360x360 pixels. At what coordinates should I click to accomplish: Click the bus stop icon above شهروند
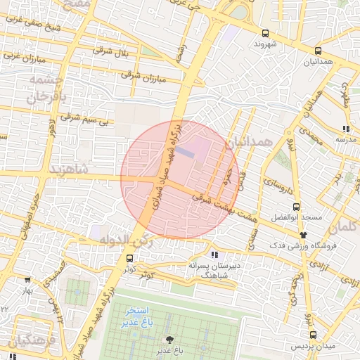(x=265, y=33)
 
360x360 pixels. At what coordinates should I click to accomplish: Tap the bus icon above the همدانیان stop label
(x=319, y=51)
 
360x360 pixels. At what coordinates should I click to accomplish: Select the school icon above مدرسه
(x=345, y=129)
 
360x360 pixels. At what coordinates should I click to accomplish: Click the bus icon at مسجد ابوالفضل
(x=295, y=207)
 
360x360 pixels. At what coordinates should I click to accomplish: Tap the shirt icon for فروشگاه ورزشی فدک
(x=303, y=234)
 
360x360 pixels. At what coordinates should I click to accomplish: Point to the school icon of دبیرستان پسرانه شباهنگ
(x=214, y=255)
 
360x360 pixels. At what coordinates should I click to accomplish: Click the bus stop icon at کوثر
(x=118, y=259)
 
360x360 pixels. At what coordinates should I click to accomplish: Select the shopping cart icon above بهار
(x=27, y=280)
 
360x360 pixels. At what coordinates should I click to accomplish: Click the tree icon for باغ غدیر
(x=169, y=339)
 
